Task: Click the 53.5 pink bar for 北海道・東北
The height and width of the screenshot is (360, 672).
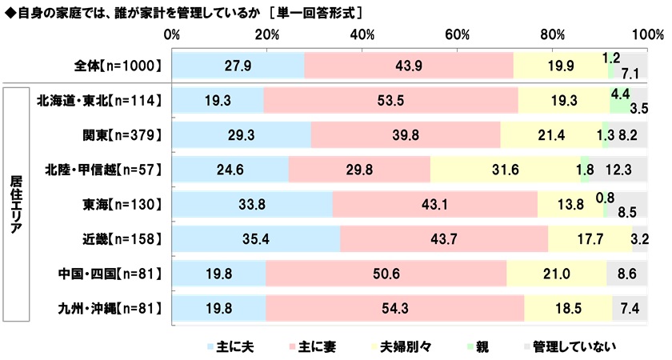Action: point(390,100)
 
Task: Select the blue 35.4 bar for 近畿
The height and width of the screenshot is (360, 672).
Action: point(256,238)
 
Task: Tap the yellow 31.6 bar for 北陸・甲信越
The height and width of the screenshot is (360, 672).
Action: point(506,169)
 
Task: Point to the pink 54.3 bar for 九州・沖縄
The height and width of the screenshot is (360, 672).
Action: point(394,307)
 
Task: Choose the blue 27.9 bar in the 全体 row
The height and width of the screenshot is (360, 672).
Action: point(238,66)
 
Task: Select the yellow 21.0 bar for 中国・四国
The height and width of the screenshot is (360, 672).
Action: point(557,273)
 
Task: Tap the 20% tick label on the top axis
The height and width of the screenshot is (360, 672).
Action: point(266,35)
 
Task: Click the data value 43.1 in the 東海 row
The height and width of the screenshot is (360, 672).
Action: point(434,204)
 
